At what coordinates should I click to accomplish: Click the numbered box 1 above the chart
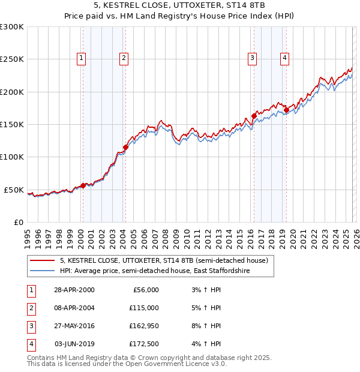pyautogui.click(x=81, y=58)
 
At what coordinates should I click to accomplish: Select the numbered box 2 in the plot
pyautogui.click(x=123, y=58)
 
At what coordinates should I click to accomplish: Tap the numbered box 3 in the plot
pyautogui.click(x=253, y=58)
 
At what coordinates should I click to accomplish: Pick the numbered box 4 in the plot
pyautogui.click(x=284, y=58)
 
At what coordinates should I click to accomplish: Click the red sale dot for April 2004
pyautogui.click(x=125, y=147)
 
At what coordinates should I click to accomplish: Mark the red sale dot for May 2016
pyautogui.click(x=254, y=116)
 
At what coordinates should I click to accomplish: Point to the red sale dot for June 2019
pyautogui.click(x=286, y=110)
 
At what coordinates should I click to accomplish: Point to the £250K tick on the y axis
pyautogui.click(x=12, y=59)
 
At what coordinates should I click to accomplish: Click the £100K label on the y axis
pyautogui.click(x=12, y=157)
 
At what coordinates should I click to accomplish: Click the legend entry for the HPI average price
pyautogui.click(x=155, y=271)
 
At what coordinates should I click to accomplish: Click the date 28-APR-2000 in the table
pyautogui.click(x=74, y=290)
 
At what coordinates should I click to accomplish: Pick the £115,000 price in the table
pyautogui.click(x=144, y=308)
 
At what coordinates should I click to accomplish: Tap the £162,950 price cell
pyautogui.click(x=144, y=326)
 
